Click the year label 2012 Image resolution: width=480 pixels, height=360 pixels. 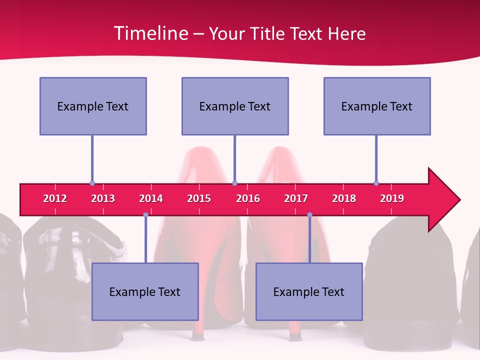[x=55, y=198]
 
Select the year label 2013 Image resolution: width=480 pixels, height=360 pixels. [x=103, y=198]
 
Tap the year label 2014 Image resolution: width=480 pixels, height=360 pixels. [x=151, y=198]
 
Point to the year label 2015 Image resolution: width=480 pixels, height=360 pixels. [x=199, y=198]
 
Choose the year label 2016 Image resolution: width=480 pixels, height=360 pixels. [x=248, y=198]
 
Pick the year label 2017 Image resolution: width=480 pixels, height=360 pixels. [x=296, y=198]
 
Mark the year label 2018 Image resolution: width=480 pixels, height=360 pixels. [x=344, y=198]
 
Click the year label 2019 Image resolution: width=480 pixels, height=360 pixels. [x=392, y=198]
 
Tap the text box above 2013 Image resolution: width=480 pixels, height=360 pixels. [x=93, y=106]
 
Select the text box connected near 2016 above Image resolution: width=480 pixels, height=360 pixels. [x=235, y=106]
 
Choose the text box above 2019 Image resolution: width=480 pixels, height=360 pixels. [x=377, y=106]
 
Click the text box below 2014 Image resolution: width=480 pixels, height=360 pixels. [x=145, y=291]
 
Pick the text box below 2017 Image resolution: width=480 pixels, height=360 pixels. [x=309, y=291]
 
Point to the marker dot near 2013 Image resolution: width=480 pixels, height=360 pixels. [x=92, y=183]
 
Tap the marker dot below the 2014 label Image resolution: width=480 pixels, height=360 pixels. [x=145, y=214]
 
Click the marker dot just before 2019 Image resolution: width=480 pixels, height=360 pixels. [x=376, y=183]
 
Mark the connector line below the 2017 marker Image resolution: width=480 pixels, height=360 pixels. [x=309, y=240]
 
